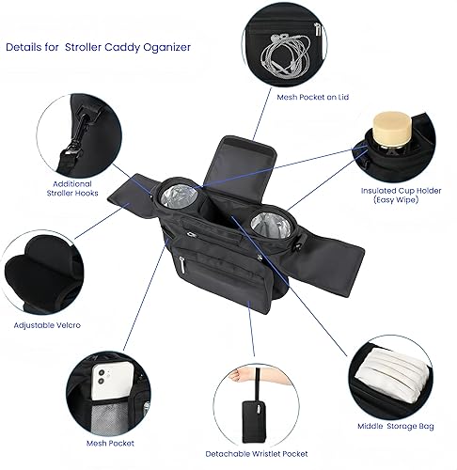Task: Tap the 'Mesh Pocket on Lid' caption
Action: pos(314,96)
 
